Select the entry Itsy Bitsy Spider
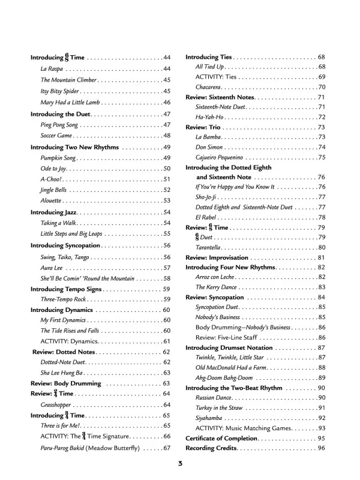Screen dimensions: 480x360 60,91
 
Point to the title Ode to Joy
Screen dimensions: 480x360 55,169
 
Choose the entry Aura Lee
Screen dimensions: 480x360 52,268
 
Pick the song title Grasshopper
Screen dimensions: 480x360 57,405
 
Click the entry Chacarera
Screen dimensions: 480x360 211,87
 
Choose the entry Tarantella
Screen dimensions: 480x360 211,247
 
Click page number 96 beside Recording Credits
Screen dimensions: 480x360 321,448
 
